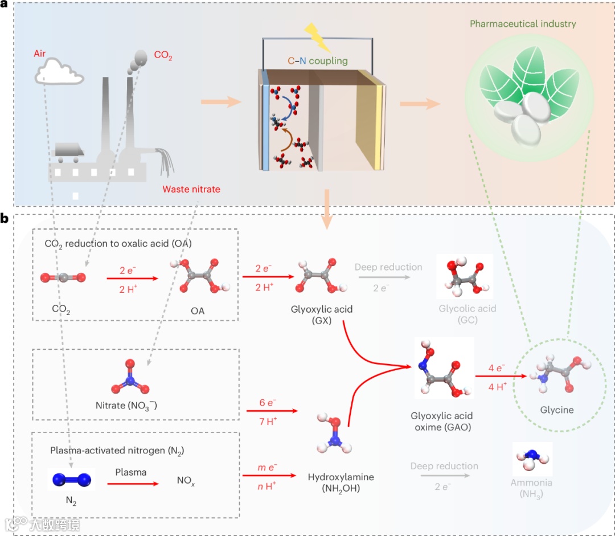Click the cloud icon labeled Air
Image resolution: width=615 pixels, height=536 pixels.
click(59, 72)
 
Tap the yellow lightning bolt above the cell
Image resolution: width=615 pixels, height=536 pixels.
click(317, 37)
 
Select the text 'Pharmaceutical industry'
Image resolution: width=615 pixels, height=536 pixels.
click(523, 24)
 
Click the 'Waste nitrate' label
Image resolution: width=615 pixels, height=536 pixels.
click(191, 189)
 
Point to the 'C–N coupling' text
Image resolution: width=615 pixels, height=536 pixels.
click(318, 61)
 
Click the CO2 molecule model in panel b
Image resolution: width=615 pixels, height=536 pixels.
click(63, 278)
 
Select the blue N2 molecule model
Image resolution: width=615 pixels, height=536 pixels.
click(72, 479)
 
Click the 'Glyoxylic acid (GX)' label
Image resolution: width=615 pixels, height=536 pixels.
click(322, 314)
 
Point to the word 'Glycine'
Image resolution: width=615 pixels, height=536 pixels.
click(556, 410)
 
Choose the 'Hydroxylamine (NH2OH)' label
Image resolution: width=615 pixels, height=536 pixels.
click(341, 482)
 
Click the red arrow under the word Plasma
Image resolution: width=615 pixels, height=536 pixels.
click(133, 484)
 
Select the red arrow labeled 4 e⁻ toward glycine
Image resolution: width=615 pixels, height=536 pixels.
click(501, 376)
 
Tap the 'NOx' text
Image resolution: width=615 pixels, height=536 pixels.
click(186, 481)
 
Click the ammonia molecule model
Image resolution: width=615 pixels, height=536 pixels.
click(532, 460)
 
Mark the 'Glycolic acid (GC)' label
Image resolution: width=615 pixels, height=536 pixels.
click(468, 314)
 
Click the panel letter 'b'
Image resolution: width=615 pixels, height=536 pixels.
click(5, 218)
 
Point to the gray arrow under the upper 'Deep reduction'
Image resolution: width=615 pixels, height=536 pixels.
click(384, 277)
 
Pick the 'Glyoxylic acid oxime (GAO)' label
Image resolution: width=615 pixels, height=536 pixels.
click(442, 422)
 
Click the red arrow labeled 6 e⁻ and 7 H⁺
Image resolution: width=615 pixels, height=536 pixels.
click(272, 411)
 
